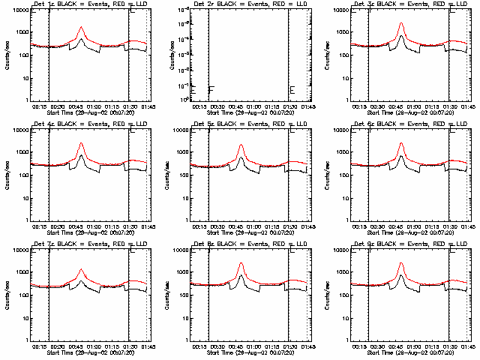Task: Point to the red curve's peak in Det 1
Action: [x=81, y=28]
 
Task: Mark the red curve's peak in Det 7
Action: [x=81, y=269]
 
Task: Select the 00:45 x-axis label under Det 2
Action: [x=241, y=106]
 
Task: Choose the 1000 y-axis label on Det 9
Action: [x=344, y=272]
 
